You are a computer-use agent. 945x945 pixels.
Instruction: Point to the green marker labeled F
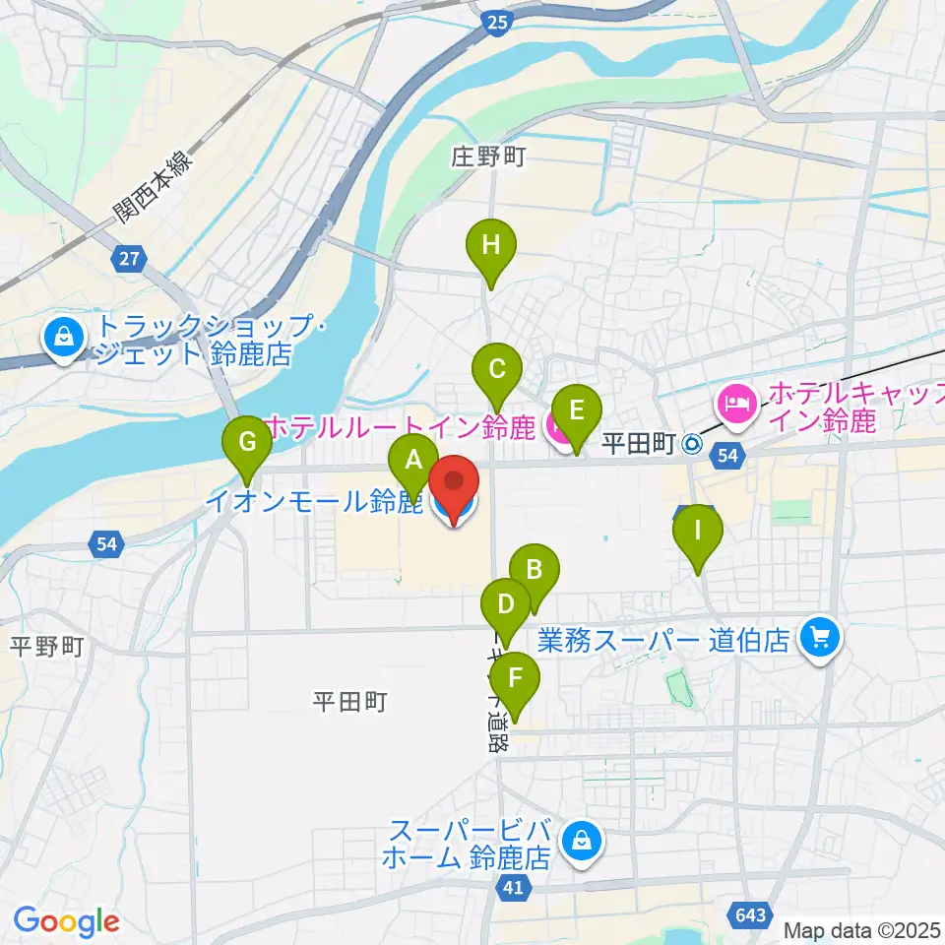click(515, 679)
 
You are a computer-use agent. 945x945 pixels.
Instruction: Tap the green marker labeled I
click(698, 534)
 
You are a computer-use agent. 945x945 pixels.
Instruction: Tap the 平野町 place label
click(47, 647)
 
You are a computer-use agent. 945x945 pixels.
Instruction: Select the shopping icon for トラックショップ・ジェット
click(63, 337)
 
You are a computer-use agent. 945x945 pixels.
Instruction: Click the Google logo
click(66, 921)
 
